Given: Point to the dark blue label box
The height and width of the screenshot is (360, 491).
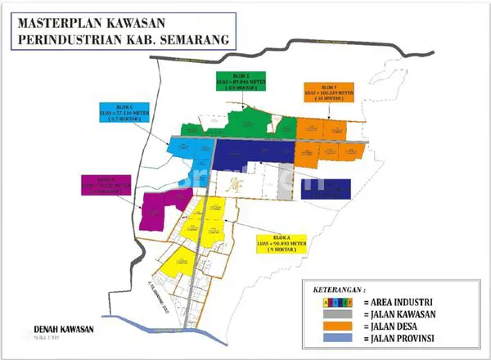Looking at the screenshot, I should (326, 189).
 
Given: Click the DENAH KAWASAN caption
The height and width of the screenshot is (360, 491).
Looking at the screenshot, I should (64, 330).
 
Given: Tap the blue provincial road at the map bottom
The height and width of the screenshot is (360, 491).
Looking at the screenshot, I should (188, 329).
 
